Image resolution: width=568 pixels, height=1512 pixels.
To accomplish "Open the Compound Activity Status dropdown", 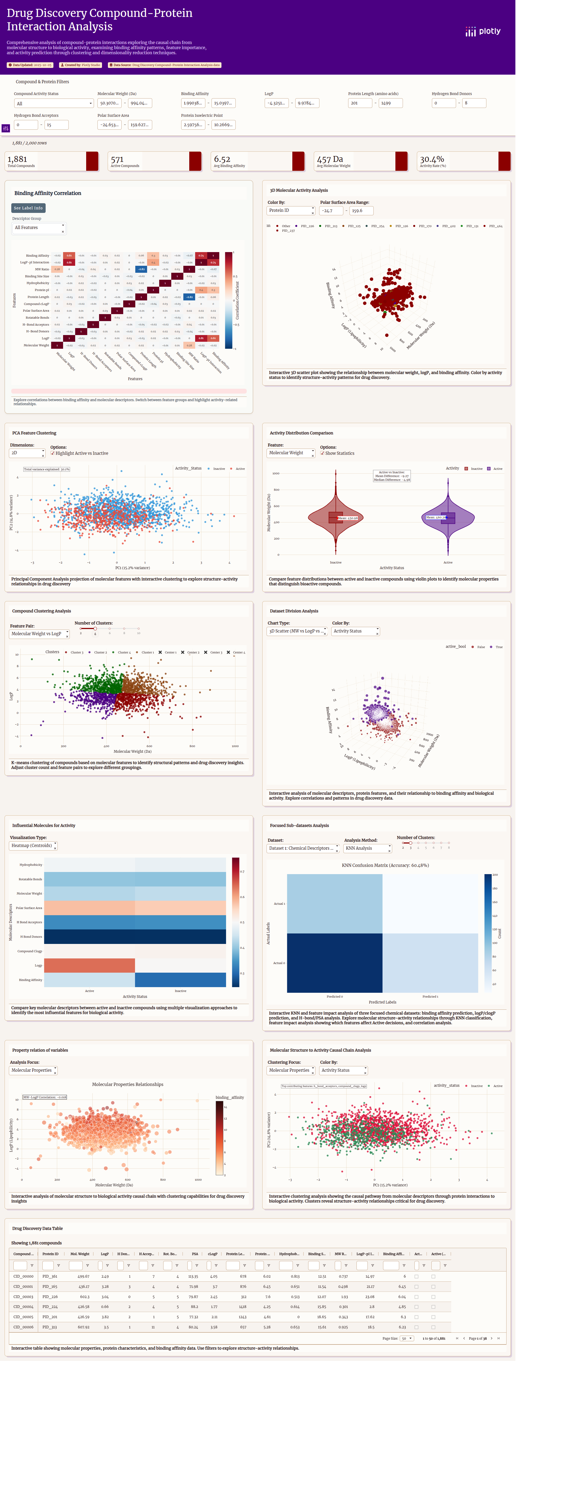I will tap(53, 103).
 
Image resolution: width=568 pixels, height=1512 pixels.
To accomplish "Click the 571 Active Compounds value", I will tap(117, 159).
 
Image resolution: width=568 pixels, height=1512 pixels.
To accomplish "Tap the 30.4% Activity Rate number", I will tap(432, 159).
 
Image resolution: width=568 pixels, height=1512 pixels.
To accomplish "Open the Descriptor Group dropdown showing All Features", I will tap(39, 228).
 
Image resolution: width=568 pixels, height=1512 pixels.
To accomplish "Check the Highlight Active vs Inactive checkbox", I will tap(53, 453).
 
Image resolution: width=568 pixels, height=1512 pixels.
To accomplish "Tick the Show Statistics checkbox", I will tap(322, 453).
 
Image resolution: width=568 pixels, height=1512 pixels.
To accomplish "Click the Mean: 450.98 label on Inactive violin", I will tap(347, 518).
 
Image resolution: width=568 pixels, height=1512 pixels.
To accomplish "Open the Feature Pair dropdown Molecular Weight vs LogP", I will tap(39, 634).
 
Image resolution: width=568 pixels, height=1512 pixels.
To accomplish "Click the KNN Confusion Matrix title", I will tap(385, 865).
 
